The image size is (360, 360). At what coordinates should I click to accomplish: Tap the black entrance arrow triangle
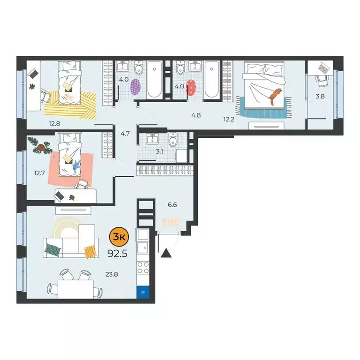coord(166,254)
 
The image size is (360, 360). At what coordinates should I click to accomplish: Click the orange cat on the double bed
coord(274,94)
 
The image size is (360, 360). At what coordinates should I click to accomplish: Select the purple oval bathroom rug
coord(135,86)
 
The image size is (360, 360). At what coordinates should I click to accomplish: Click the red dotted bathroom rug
coord(191,88)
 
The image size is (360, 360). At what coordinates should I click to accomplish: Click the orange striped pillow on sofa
coord(90,252)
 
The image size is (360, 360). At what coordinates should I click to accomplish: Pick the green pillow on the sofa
coord(52,249)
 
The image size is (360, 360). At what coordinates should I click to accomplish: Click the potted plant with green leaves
coord(39,145)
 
